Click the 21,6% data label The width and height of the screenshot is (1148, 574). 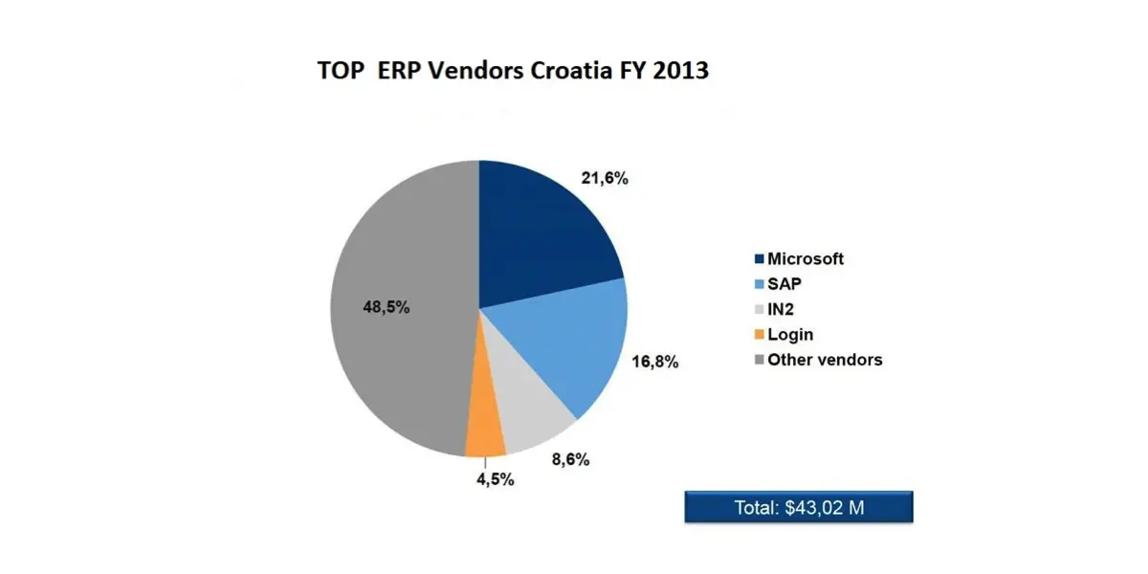point(605,178)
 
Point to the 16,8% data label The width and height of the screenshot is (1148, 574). point(655,363)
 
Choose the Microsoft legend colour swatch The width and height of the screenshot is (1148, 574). point(760,259)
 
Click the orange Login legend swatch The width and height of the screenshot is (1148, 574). point(760,335)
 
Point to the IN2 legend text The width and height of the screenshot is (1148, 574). point(782,310)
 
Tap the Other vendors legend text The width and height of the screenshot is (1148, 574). point(825,360)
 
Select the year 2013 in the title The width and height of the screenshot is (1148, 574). point(680,71)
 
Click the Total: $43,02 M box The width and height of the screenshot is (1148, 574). point(799,507)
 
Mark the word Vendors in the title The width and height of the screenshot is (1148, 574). point(468,71)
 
